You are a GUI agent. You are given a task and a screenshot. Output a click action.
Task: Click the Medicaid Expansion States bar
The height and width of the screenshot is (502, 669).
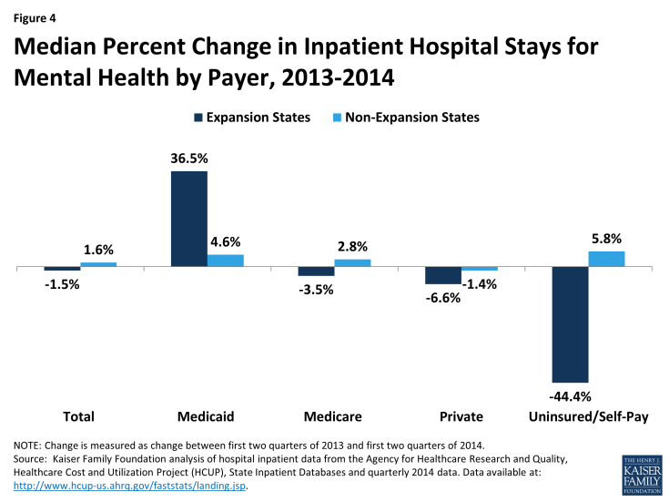click(189, 219)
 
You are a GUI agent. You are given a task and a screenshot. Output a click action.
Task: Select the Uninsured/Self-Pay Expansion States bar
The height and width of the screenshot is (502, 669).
click(570, 324)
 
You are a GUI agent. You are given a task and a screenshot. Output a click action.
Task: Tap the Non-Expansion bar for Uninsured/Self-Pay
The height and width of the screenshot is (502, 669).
click(606, 259)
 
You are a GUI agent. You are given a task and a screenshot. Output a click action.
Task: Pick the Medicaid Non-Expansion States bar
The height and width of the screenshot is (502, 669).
click(226, 261)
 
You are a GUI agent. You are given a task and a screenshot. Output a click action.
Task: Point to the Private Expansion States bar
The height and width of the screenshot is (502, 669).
click(443, 276)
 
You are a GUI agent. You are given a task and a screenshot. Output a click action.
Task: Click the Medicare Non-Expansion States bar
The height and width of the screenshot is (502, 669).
click(353, 262)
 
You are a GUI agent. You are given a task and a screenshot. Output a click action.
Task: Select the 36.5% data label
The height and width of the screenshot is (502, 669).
click(189, 159)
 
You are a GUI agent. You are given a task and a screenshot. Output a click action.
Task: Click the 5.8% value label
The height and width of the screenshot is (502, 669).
click(606, 239)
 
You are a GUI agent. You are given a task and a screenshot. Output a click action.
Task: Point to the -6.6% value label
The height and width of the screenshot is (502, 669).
click(442, 297)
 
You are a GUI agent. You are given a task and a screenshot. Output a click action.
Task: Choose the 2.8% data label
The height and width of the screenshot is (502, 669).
click(352, 246)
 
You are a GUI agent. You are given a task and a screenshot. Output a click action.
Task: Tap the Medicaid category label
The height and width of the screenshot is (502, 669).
click(208, 416)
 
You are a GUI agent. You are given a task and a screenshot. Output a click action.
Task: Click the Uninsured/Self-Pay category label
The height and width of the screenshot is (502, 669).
click(589, 416)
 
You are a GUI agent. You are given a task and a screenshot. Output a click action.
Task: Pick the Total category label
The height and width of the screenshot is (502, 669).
click(79, 416)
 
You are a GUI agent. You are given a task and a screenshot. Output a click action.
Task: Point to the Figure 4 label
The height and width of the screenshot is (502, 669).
click(35, 15)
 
